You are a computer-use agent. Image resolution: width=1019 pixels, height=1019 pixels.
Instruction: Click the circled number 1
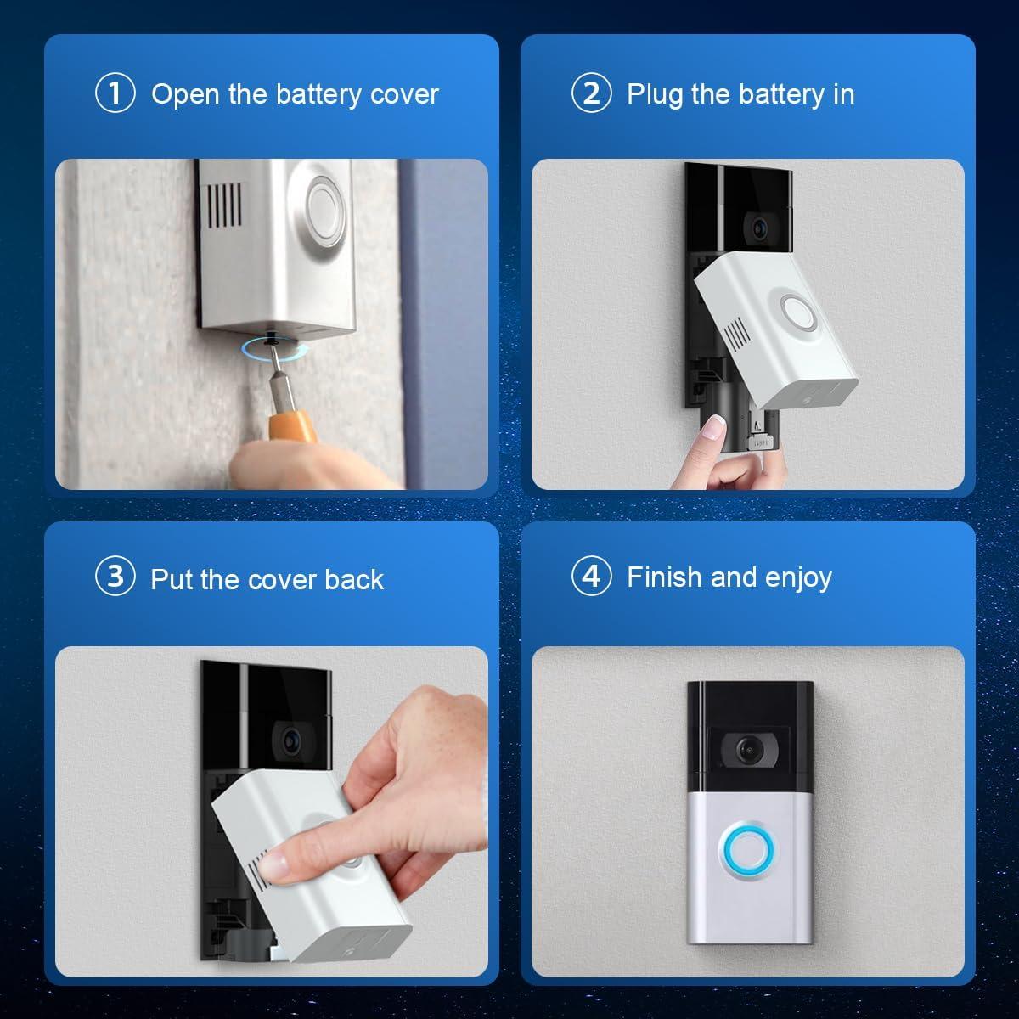click(115, 93)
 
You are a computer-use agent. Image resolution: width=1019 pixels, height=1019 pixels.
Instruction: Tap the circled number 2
click(591, 93)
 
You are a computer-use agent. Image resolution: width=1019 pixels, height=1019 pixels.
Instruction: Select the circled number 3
click(115, 577)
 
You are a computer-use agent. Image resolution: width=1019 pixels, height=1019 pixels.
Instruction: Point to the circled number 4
click(591, 577)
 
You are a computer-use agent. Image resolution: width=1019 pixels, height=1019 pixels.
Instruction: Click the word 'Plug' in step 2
click(656, 94)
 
